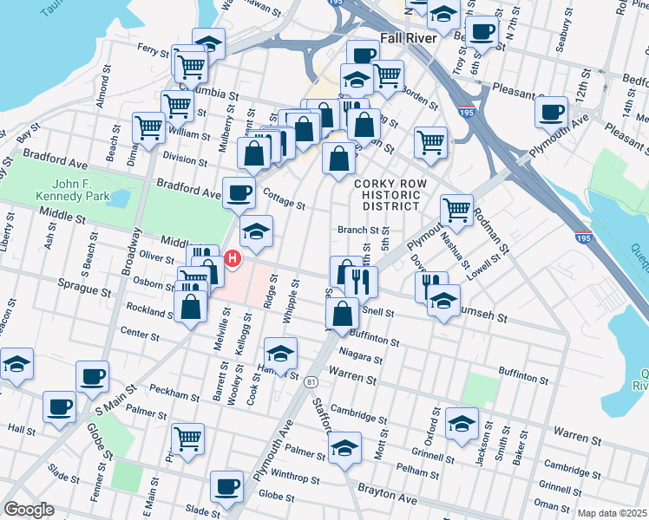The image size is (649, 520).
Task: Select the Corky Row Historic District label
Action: click(387, 195)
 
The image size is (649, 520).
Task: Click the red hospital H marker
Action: click(233, 258)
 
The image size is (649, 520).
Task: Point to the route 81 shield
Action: click(311, 381)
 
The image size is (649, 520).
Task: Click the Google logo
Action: click(29, 510)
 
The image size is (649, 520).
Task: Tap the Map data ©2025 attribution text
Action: click(611, 513)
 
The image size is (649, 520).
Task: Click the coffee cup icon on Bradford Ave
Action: click(239, 192)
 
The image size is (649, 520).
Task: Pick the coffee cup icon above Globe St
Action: click(227, 484)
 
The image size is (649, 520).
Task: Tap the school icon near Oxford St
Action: click(462, 423)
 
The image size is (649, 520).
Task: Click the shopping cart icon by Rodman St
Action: click(456, 209)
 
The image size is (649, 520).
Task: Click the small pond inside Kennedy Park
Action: click(120, 198)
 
